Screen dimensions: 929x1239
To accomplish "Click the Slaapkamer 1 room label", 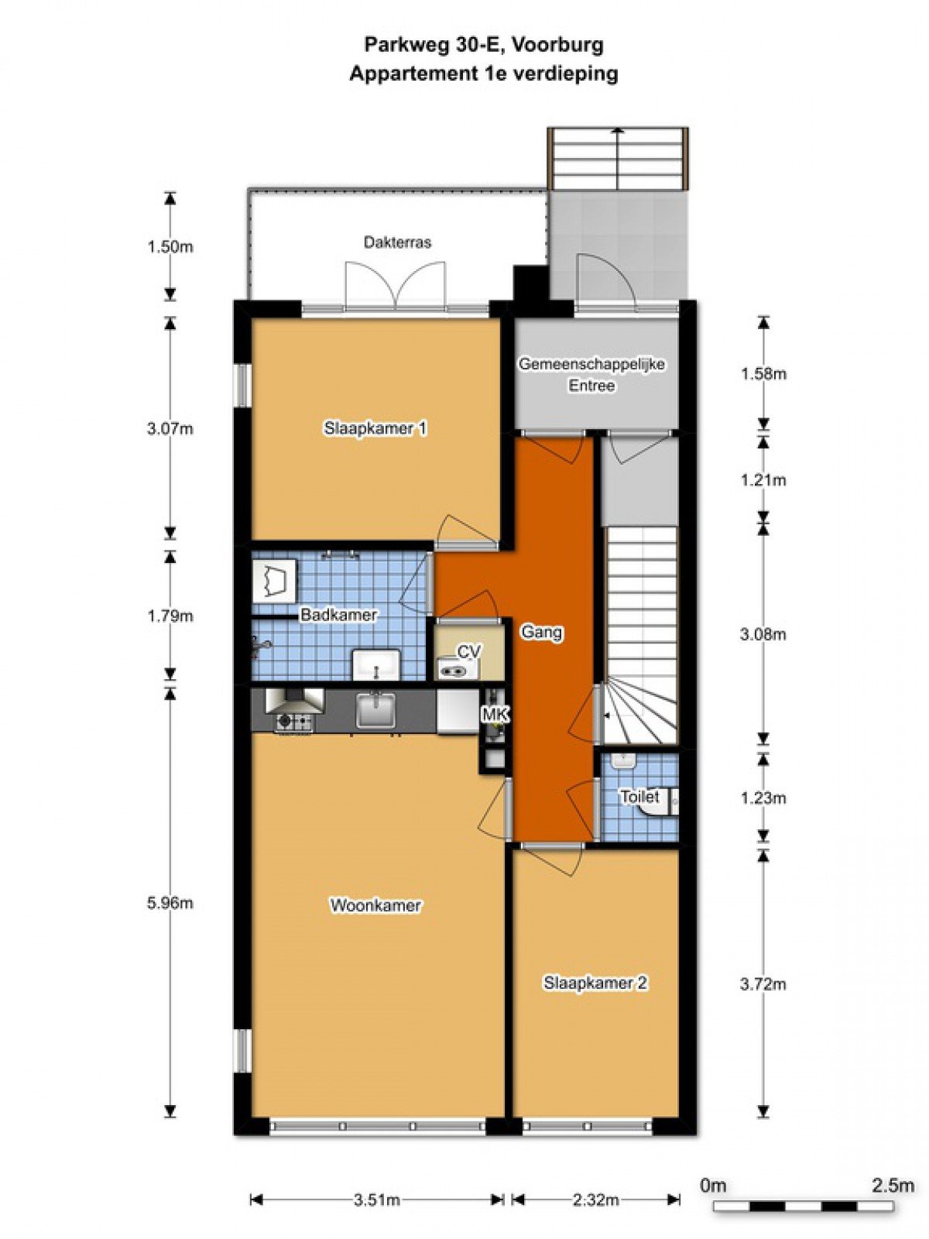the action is [x=375, y=428].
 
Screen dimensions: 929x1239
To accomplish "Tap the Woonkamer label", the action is [x=375, y=905].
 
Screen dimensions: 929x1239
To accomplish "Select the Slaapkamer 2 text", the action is [x=595, y=999].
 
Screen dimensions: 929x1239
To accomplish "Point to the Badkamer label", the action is [x=338, y=615].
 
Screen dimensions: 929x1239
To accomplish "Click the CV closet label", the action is [x=468, y=652].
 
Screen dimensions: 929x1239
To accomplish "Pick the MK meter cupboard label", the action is [x=495, y=715].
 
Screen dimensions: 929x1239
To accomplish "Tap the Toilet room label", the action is [x=639, y=797].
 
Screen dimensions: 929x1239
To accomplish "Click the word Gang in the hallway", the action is [x=541, y=632].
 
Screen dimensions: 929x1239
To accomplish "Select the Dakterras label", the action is [x=397, y=242].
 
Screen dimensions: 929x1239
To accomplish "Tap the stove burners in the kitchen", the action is [x=293, y=722].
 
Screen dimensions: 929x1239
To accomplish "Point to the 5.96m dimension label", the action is [x=170, y=903].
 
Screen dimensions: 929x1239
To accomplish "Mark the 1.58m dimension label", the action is [x=763, y=374].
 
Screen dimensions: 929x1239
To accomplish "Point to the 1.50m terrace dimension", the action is [x=170, y=247].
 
